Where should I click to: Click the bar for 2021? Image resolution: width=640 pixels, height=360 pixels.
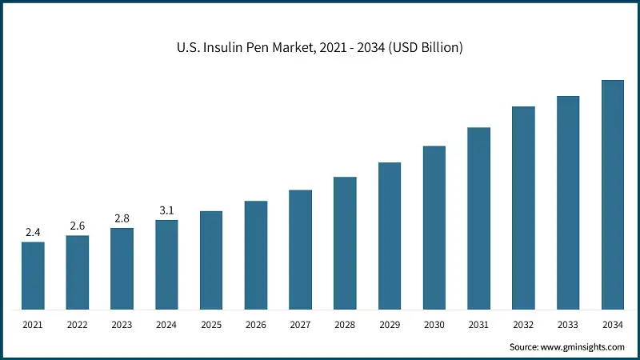click(x=33, y=275)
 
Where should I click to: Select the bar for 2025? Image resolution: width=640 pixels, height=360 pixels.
click(x=211, y=260)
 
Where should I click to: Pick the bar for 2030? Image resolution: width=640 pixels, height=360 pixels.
click(x=434, y=227)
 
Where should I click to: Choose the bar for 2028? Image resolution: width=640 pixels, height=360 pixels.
click(x=345, y=243)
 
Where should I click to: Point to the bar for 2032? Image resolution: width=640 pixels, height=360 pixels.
click(x=523, y=208)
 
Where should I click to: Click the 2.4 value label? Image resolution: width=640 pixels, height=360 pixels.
click(x=33, y=232)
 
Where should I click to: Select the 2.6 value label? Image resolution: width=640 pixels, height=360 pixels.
click(x=78, y=226)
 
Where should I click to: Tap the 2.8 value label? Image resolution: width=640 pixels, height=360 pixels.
click(x=122, y=218)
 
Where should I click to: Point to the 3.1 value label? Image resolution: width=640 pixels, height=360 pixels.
click(x=166, y=210)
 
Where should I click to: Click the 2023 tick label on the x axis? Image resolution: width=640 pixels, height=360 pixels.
click(x=122, y=326)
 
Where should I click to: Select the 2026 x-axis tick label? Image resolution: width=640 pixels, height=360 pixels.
click(x=256, y=326)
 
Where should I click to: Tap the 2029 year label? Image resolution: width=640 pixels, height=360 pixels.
click(x=390, y=326)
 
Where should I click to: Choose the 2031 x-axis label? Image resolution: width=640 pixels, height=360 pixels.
click(x=478, y=326)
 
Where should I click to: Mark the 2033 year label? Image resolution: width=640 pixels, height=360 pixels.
click(x=568, y=326)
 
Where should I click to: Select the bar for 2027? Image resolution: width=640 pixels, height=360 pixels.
click(x=300, y=250)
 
